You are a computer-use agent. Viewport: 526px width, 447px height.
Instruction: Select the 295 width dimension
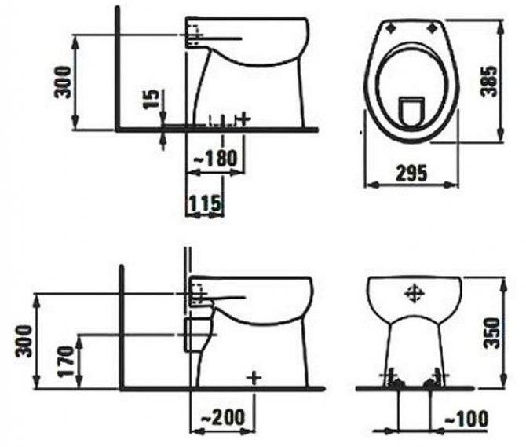411,173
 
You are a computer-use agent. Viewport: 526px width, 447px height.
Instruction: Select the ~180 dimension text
214,158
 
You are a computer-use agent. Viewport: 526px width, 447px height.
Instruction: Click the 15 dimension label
154,100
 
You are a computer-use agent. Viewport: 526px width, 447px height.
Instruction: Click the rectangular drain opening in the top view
411,109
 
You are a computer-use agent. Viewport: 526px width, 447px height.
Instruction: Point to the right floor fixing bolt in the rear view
429,383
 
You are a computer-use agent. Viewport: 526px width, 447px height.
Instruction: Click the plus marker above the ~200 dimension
252,376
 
